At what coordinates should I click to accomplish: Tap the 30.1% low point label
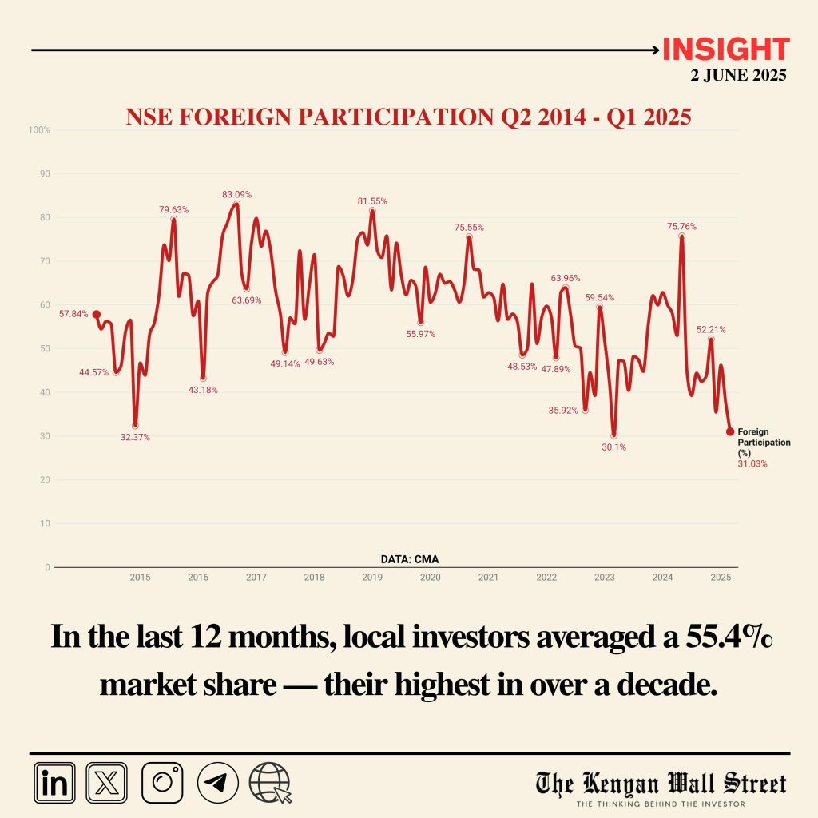pyautogui.click(x=614, y=447)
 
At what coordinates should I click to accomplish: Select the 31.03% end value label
pyautogui.click(x=751, y=463)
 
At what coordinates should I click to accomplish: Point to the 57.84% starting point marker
pyautogui.click(x=97, y=315)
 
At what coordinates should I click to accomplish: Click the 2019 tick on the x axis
pyautogui.click(x=372, y=578)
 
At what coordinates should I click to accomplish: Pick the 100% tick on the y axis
pyautogui.click(x=40, y=129)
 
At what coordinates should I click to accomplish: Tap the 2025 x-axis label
pyautogui.click(x=720, y=578)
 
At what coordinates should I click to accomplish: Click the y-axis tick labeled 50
pyautogui.click(x=45, y=349)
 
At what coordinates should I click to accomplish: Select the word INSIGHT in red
pyautogui.click(x=725, y=50)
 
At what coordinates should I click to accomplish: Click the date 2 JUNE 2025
pyautogui.click(x=738, y=77)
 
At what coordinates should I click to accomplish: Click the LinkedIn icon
pyautogui.click(x=55, y=782)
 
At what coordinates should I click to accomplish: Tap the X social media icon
pyautogui.click(x=106, y=782)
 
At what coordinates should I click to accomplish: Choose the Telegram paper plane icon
pyautogui.click(x=217, y=782)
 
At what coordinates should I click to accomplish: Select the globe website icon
pyautogui.click(x=270, y=782)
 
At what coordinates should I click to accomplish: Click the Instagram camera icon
pyautogui.click(x=162, y=782)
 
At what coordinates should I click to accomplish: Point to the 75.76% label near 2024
pyautogui.click(x=681, y=227)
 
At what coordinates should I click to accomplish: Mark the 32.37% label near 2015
pyautogui.click(x=135, y=437)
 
